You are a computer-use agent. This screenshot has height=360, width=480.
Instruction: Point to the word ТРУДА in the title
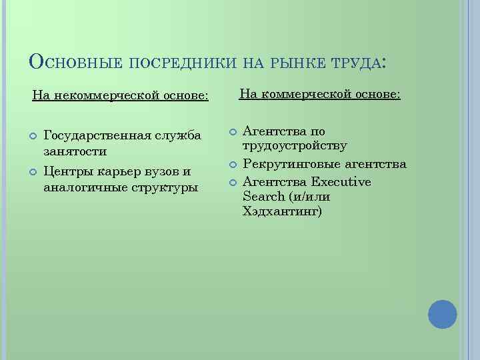pyautogui.click(x=353, y=63)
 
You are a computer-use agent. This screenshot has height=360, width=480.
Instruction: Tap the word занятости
pyautogui.click(x=74, y=153)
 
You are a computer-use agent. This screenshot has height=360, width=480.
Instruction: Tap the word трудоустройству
pyautogui.click(x=295, y=147)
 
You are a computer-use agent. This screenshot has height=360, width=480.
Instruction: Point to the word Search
pyautogui.click(x=264, y=197)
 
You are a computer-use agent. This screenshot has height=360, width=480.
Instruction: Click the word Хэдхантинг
pyautogui.click(x=282, y=213)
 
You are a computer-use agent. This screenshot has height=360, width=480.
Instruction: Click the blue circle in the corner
pyautogui.click(x=442, y=314)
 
